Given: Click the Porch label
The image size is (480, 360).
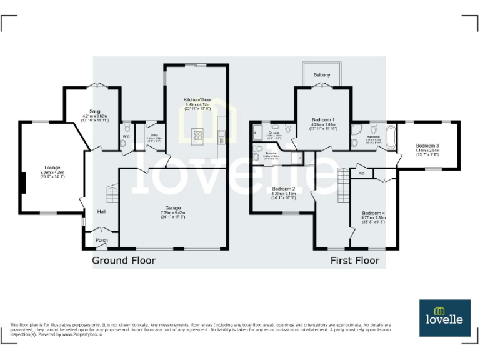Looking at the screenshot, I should pyautogui.click(x=101, y=240).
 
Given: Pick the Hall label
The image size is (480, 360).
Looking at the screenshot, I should pyautogui.click(x=101, y=212).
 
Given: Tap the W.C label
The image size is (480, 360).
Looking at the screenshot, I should pyautogui.click(x=126, y=136).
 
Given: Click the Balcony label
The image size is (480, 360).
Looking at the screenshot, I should pyautogui.click(x=322, y=75).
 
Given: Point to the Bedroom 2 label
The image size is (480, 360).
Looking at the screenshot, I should pyautogui.click(x=283, y=189).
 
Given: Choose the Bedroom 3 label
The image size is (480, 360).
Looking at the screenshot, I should pyautogui.click(x=427, y=146).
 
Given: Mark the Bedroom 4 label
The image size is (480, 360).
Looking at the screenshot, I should pyautogui.click(x=373, y=213).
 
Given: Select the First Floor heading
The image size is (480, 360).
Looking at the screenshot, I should pyautogui.click(x=354, y=260).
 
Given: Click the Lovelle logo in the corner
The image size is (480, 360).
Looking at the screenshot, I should pyautogui.click(x=444, y=317).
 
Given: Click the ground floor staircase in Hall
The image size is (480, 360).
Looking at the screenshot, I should pyautogui.click(x=111, y=196).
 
